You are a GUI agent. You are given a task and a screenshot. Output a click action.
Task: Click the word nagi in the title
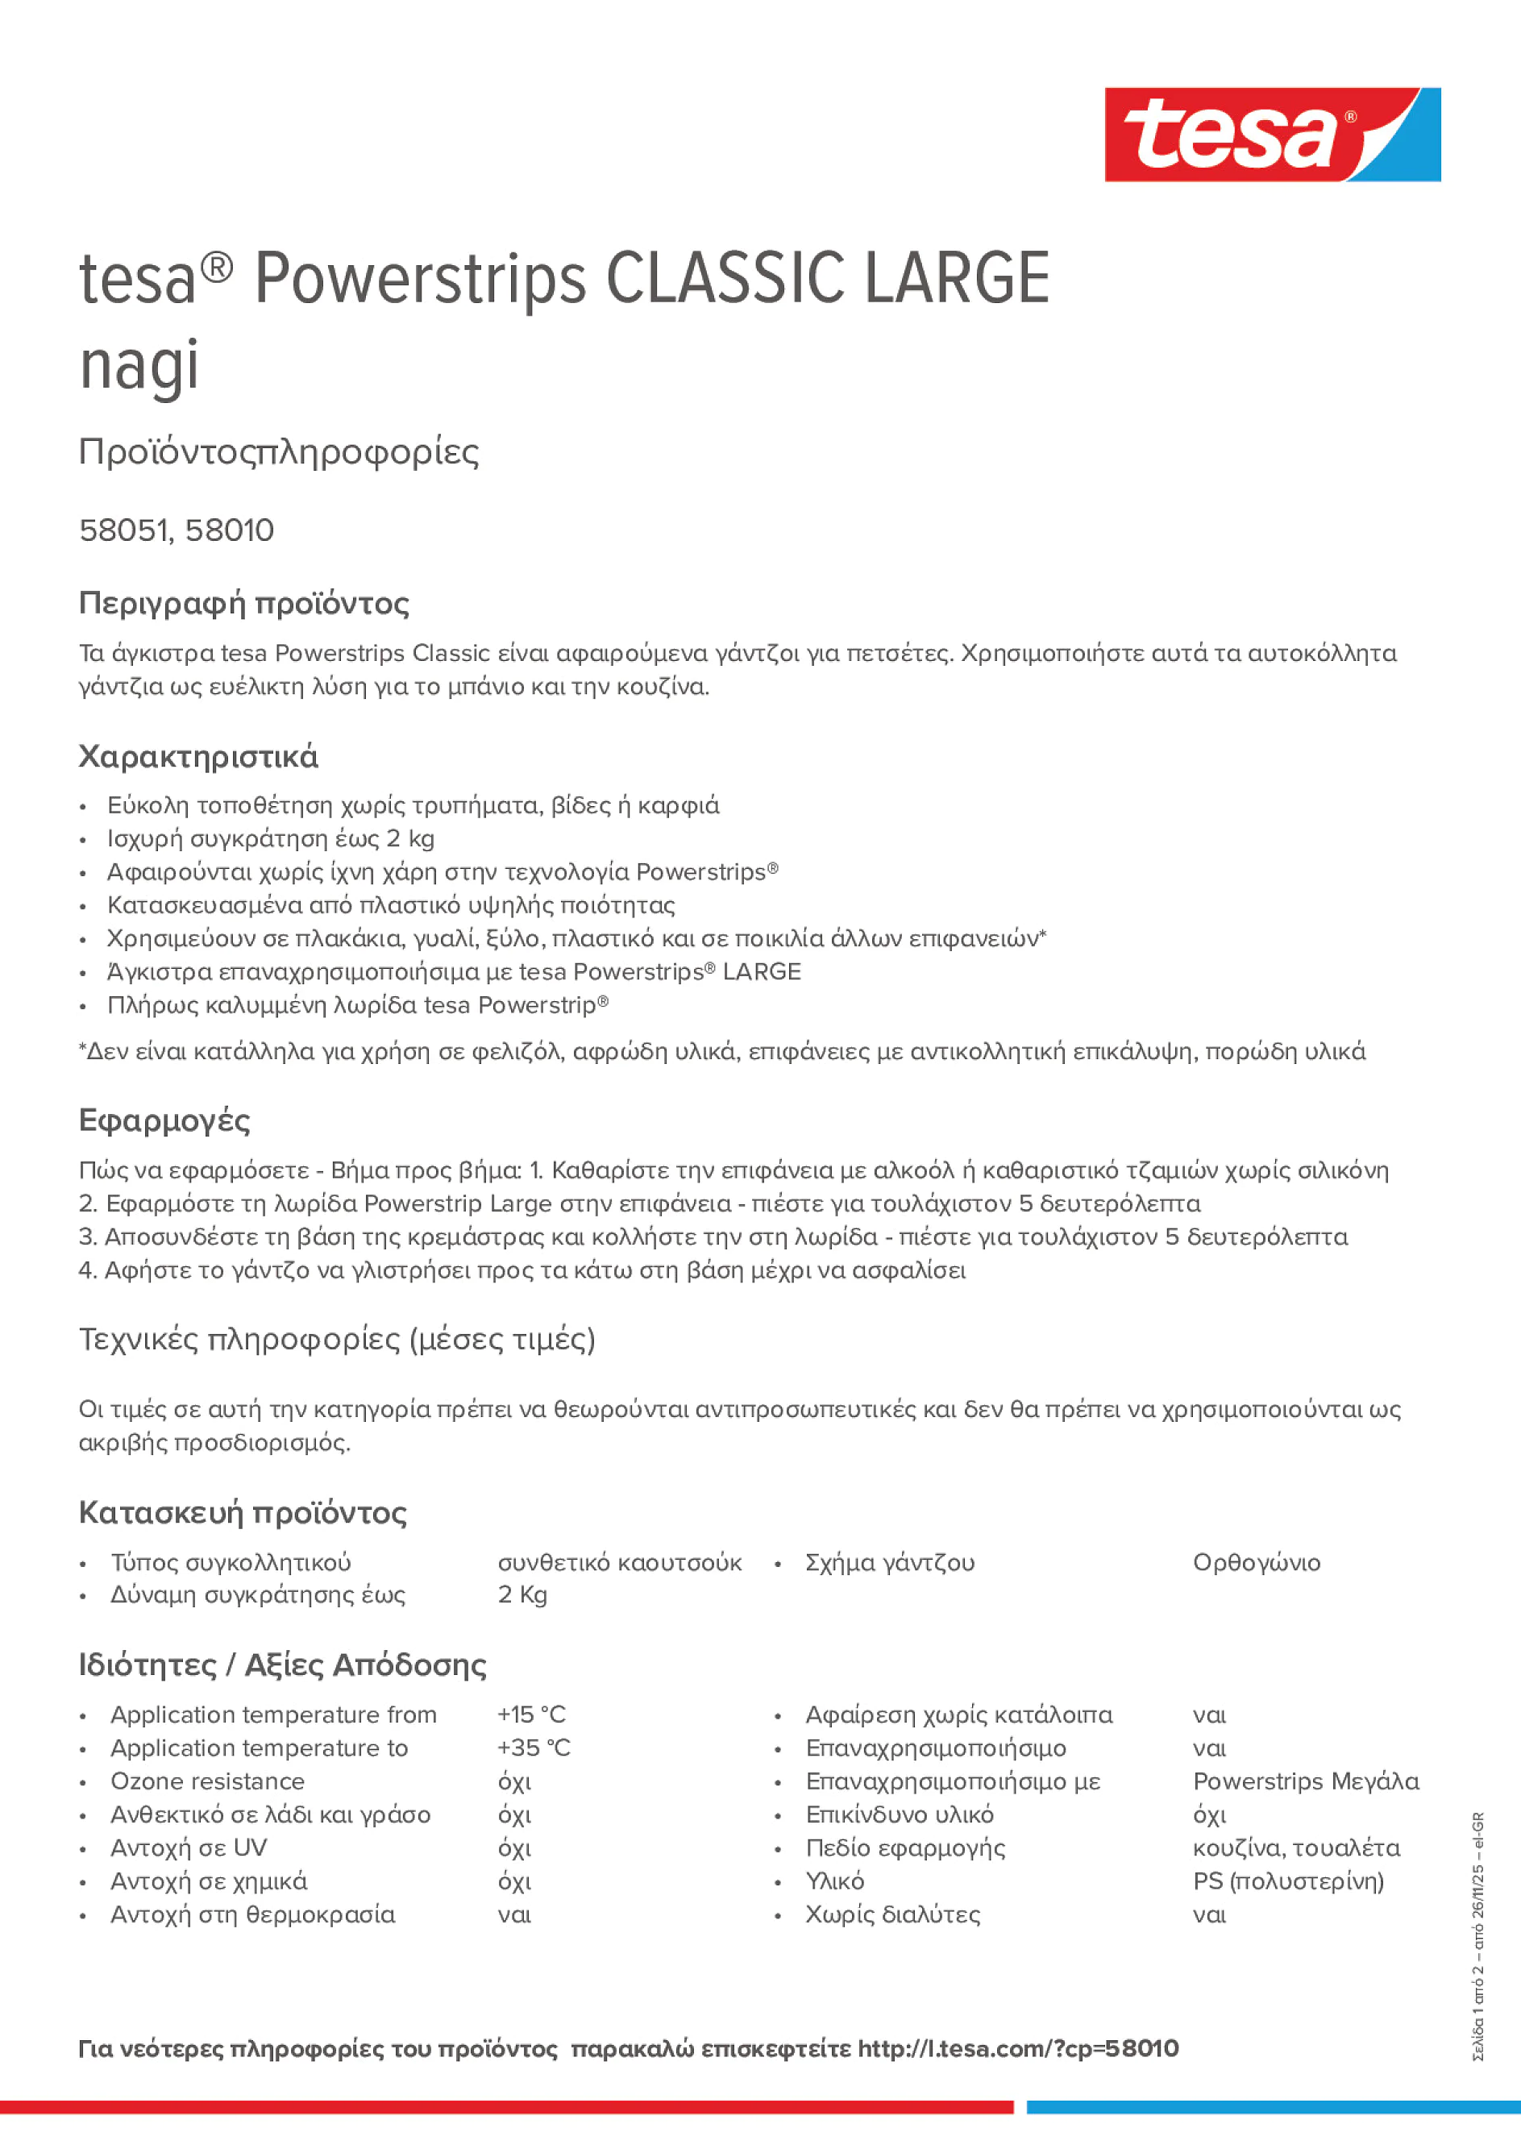tap(139, 365)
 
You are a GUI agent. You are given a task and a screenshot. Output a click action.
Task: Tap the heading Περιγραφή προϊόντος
tap(243, 603)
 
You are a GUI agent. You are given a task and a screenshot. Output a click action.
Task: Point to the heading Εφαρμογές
tap(164, 1120)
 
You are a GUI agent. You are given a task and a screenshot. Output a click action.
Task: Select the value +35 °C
tap(533, 1748)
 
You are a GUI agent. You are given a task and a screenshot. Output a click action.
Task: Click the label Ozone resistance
tap(207, 1781)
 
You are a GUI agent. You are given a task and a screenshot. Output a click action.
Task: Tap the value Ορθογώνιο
tap(1256, 1563)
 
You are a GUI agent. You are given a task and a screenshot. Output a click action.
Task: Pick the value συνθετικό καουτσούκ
tap(619, 1563)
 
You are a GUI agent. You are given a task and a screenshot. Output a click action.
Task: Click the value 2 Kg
tap(522, 1595)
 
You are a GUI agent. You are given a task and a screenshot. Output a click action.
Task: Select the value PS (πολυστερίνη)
tap(1287, 1881)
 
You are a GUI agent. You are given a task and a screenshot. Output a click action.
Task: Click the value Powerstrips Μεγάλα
tap(1305, 1781)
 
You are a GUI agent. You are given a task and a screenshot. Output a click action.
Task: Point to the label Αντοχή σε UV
tap(189, 1848)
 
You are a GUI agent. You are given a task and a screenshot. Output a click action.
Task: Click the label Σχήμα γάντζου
tap(889, 1563)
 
